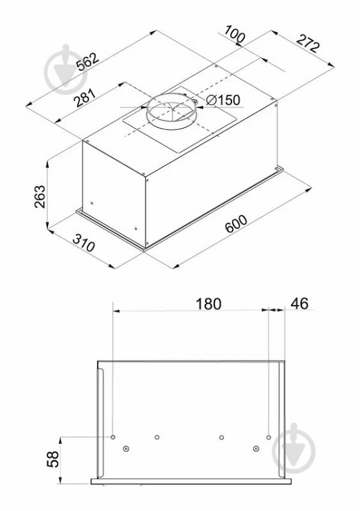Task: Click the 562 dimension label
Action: pos(88,61)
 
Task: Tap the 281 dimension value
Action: pos(85,98)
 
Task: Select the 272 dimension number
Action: pos(308,42)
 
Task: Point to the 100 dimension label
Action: pos(235,34)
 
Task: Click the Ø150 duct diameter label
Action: pos(223,100)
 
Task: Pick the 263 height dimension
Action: pos(40,196)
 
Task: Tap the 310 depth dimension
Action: pos(84,243)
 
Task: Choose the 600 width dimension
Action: pos(236,224)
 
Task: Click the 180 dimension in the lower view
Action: pos(208,304)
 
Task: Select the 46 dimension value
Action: pos(299,303)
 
